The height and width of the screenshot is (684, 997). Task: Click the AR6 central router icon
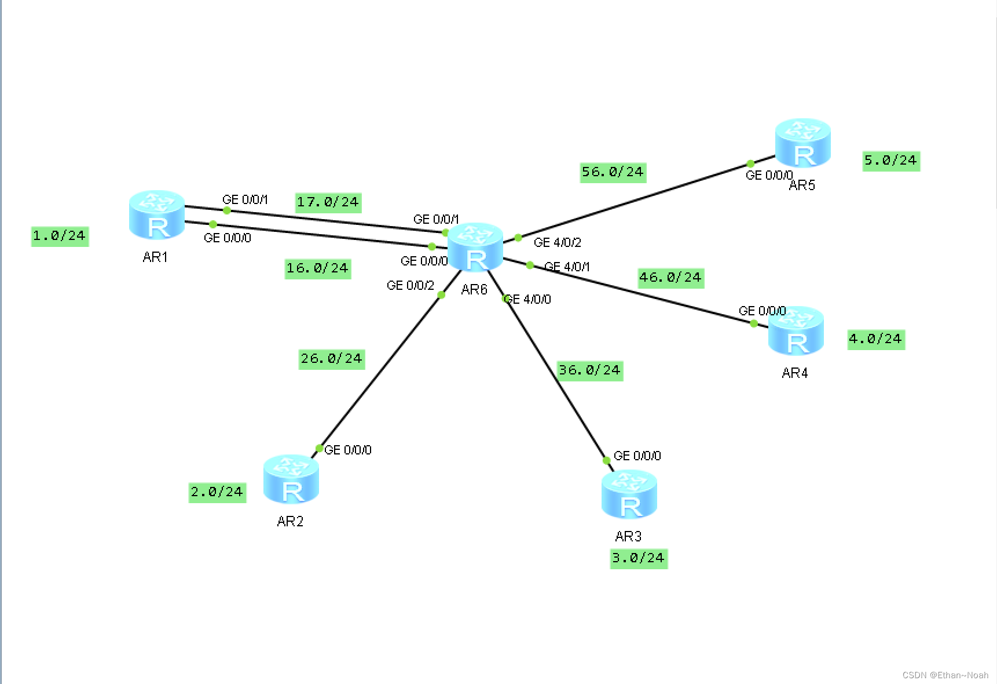click(x=475, y=248)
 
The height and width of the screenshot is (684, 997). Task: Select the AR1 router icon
click(x=157, y=214)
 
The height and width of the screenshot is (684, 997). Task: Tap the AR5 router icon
click(x=803, y=143)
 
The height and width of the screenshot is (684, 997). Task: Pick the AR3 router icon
click(x=629, y=494)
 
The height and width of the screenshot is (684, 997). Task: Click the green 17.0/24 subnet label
click(x=328, y=202)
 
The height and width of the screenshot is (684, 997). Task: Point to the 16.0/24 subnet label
click(x=318, y=268)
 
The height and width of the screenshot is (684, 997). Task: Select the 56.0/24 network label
click(x=613, y=172)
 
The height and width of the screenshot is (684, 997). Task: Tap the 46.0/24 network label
click(x=670, y=278)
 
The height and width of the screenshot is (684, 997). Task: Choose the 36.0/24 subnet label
click(x=589, y=370)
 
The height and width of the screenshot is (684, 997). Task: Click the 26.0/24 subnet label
click(x=331, y=359)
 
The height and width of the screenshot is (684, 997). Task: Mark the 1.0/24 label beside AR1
click(x=60, y=236)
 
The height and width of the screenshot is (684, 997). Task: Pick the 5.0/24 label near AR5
click(x=890, y=161)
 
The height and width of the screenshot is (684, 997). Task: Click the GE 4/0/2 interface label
click(x=557, y=242)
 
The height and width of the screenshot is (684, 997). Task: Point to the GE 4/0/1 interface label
click(x=567, y=267)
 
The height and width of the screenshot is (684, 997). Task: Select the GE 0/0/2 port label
click(x=410, y=285)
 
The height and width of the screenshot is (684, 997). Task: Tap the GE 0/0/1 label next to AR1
click(x=245, y=199)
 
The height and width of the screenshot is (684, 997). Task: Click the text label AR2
click(x=290, y=521)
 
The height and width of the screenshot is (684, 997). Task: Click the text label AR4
click(x=794, y=373)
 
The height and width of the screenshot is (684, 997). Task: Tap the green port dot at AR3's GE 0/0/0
click(x=607, y=460)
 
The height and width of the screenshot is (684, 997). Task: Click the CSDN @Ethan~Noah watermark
click(x=945, y=675)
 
